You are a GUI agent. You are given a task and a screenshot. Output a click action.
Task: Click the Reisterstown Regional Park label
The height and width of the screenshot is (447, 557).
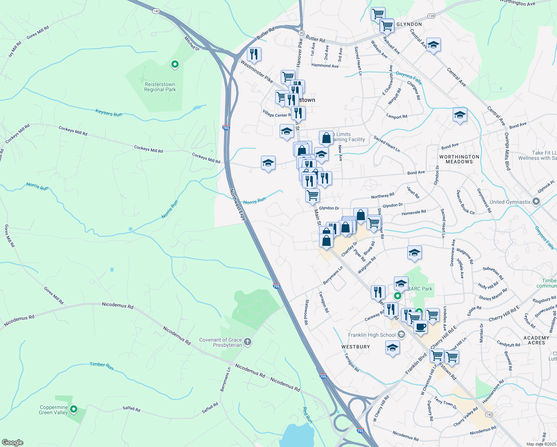(160, 87)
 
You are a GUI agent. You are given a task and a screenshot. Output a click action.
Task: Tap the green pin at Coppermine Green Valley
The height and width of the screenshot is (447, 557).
(74, 409)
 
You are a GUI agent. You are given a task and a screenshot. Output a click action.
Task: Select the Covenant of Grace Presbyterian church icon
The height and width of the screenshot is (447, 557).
(248, 342)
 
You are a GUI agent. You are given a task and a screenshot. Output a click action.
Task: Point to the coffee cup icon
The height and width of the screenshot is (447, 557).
(420, 327)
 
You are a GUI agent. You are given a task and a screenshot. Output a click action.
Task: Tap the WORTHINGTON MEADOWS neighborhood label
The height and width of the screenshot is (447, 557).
(459, 159)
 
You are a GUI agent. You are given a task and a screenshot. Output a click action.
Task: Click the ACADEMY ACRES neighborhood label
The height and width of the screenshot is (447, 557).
(536, 340)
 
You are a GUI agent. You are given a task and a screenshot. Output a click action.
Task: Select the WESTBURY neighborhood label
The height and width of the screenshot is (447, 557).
(356, 347)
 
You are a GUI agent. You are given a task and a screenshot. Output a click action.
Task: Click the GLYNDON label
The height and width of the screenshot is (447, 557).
(409, 24)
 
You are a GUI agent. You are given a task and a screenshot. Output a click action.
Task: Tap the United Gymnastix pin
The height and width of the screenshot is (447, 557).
(536, 202)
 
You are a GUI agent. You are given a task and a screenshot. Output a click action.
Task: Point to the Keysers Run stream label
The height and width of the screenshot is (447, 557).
(109, 113)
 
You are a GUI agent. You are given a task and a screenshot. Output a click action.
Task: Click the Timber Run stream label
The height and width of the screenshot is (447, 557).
(101, 366)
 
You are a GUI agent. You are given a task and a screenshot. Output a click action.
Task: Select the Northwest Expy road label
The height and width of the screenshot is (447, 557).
(238, 205)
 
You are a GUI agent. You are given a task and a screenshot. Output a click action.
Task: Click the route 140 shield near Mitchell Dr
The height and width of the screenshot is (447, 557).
(156, 11)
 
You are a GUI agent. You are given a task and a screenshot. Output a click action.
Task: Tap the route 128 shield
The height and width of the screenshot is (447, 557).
(431, 16)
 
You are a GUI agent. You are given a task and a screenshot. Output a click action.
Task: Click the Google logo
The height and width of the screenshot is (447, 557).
(12, 443)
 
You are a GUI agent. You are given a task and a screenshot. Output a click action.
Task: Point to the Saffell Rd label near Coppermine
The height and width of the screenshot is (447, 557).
(131, 409)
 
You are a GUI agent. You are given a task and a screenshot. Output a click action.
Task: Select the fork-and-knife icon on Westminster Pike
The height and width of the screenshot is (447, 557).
(254, 55)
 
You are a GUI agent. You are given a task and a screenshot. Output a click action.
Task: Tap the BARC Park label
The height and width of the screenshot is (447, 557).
(420, 289)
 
